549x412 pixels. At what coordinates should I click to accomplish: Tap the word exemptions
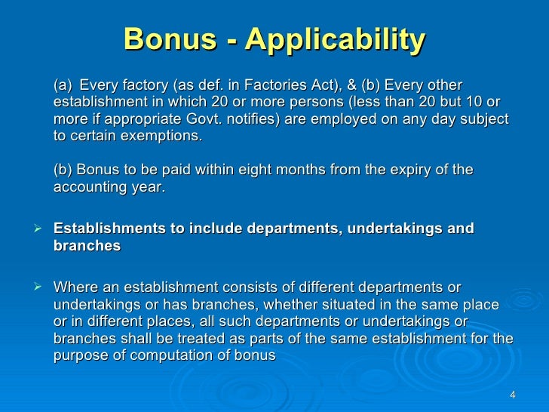(x=164, y=137)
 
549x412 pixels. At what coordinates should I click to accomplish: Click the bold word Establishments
(x=108, y=229)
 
